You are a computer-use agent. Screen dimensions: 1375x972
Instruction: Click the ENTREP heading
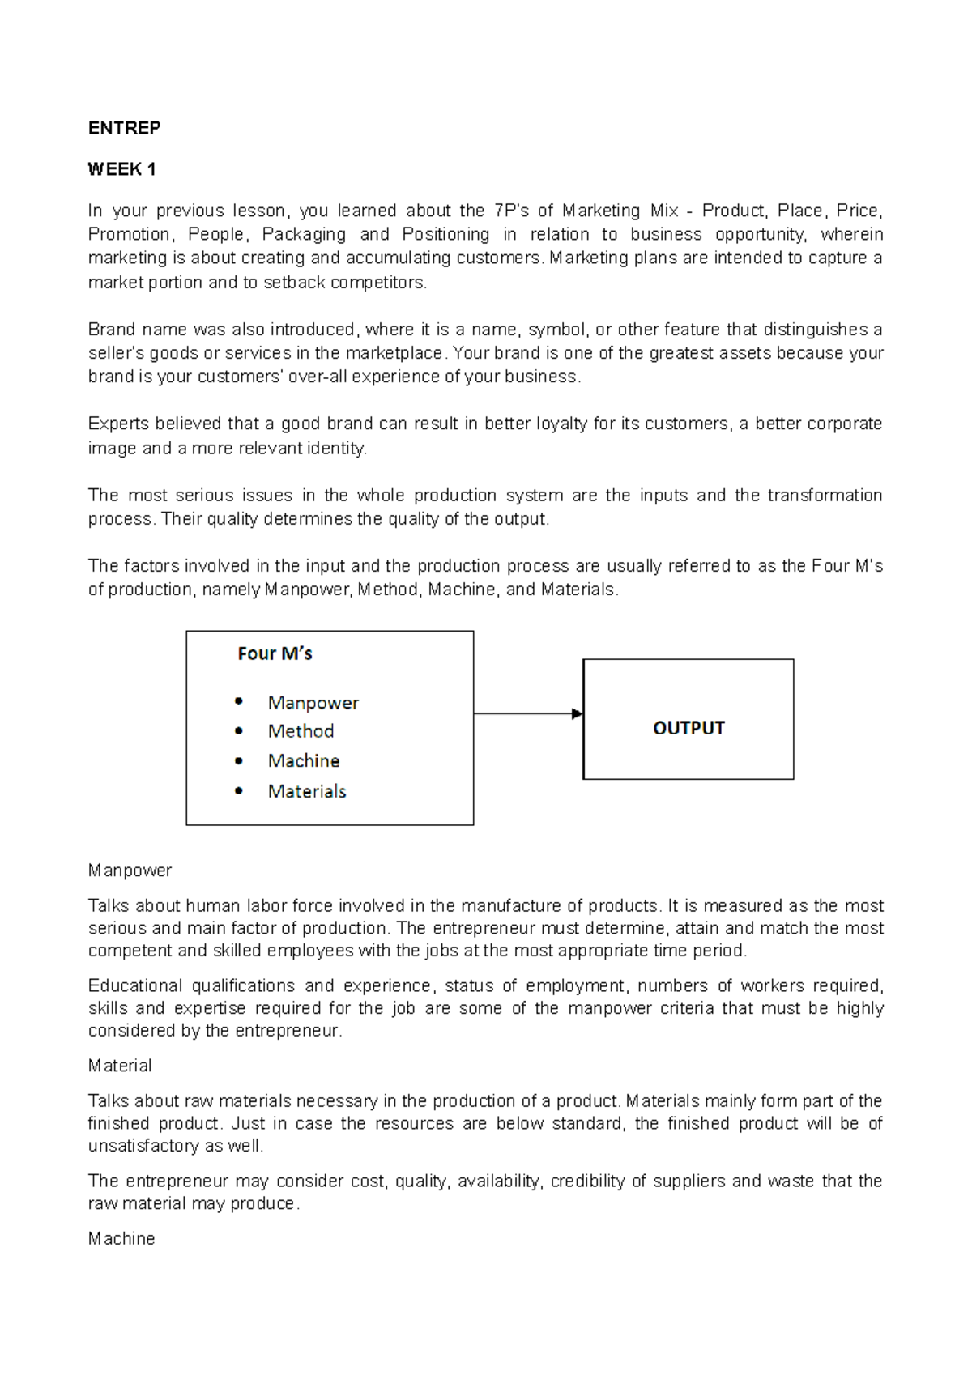pyautogui.click(x=124, y=128)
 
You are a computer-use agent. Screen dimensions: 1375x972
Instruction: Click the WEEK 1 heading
pyautogui.click(x=122, y=169)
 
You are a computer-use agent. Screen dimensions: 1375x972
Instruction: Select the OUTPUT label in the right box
pyautogui.click(x=688, y=728)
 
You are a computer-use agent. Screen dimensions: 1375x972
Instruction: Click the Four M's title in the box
pyautogui.click(x=275, y=653)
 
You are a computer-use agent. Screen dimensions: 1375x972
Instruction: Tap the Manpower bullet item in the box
pyautogui.click(x=313, y=703)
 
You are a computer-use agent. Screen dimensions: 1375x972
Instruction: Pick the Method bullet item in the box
pyautogui.click(x=301, y=731)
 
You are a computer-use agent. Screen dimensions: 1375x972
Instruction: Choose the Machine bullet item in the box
pyautogui.click(x=304, y=761)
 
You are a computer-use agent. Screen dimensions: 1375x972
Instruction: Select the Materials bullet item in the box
pyautogui.click(x=307, y=791)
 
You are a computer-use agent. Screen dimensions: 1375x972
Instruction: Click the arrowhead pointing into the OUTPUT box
pyautogui.click(x=577, y=713)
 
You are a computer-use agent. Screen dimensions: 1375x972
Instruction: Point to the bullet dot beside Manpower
pyautogui.click(x=238, y=701)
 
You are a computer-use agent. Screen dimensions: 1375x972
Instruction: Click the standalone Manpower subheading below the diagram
pyautogui.click(x=130, y=871)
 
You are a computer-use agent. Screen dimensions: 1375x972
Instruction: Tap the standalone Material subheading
pyautogui.click(x=120, y=1066)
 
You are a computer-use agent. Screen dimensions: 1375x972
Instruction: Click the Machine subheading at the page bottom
pyautogui.click(x=122, y=1239)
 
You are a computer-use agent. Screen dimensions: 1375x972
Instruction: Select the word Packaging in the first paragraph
pyautogui.click(x=304, y=235)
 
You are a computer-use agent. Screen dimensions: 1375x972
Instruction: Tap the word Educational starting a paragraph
pyautogui.click(x=134, y=986)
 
